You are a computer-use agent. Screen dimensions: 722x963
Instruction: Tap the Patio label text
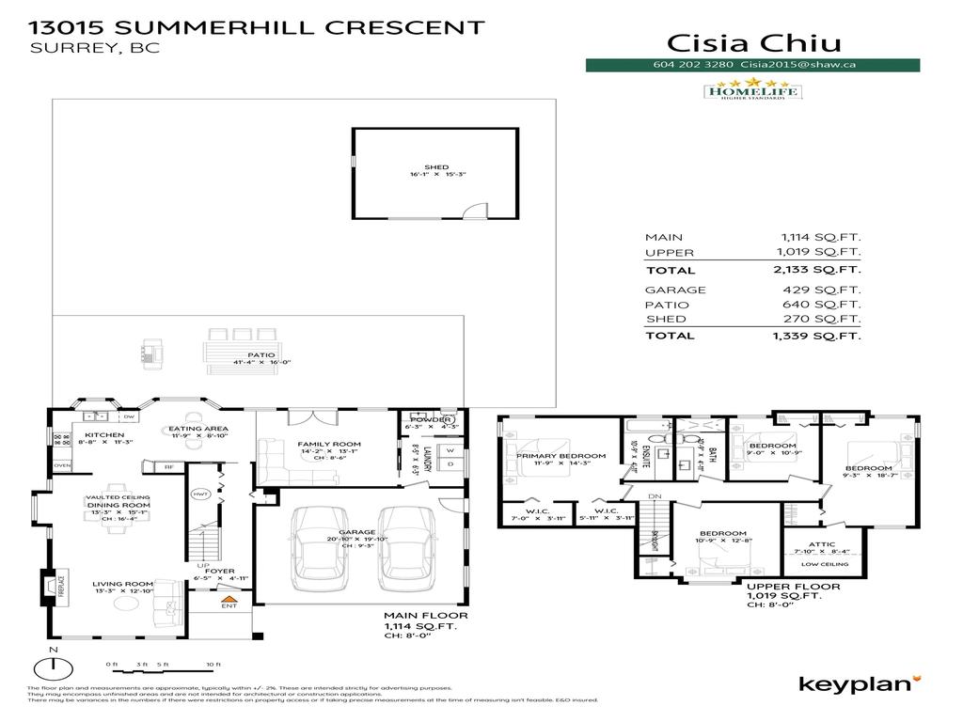tap(248, 354)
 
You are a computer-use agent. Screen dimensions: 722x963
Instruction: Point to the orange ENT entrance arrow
tap(226, 597)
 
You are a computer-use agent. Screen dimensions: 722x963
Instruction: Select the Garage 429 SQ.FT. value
tap(820, 290)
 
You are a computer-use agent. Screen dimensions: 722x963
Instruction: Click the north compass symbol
tap(54, 667)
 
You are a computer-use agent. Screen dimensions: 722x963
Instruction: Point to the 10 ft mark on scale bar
tap(213, 666)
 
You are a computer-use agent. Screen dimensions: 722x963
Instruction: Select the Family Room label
tap(329, 444)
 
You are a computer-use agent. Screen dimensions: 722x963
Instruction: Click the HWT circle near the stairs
tap(199, 494)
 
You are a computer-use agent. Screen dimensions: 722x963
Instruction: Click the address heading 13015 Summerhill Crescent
tap(258, 27)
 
